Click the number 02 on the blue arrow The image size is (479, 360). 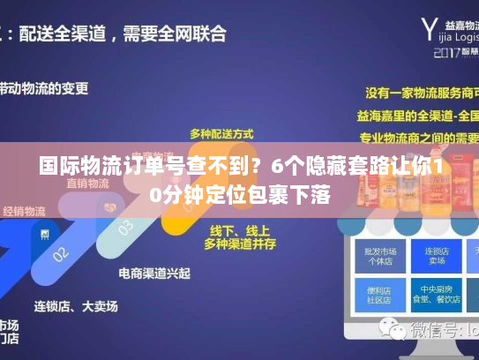coord(59,253)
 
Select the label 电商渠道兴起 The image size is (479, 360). coord(154,273)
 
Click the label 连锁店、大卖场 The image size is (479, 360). coord(76,306)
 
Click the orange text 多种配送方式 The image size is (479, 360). coord(221,133)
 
